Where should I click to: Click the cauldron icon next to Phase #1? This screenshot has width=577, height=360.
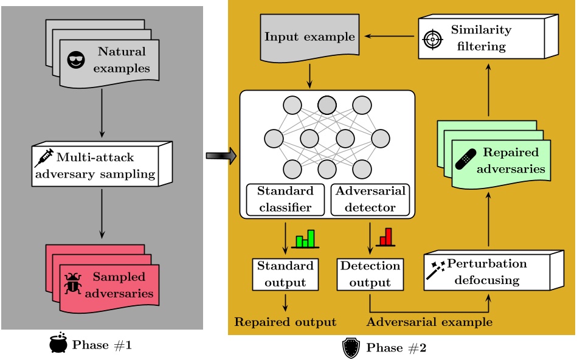58,345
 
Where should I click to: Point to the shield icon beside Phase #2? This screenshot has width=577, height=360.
352,348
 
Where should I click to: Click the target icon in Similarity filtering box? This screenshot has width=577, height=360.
431,38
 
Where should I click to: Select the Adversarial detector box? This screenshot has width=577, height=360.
370,199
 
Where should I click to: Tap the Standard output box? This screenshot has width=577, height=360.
285,274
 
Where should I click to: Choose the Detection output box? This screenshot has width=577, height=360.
370,274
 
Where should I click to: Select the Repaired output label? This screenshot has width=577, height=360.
285,322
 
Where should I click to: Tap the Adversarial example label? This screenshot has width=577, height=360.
430,322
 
